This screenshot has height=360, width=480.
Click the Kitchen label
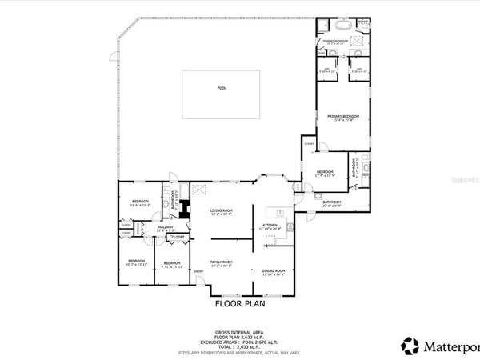pos(271,226)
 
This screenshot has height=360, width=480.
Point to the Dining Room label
pos(274,272)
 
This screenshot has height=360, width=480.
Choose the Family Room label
pos(221,262)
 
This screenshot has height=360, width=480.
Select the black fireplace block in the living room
pos(185,210)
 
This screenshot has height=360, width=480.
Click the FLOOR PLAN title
pos(239,303)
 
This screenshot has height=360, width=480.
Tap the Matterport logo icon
pos(410,346)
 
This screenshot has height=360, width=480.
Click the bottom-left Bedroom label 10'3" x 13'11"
pos(135,262)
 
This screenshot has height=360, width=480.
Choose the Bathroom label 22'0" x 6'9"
pos(332,203)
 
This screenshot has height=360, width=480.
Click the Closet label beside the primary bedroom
pos(309,143)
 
